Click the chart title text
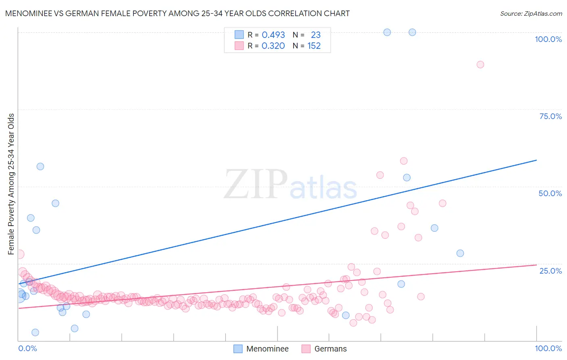point(177,13)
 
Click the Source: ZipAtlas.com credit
point(531,13)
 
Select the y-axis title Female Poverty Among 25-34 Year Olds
point(11,184)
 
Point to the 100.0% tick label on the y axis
point(548,39)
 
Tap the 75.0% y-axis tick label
point(550,116)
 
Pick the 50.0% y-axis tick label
point(550,193)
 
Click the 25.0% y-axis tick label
point(550,271)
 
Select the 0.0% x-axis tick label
point(27,348)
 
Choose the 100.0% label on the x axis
point(548,348)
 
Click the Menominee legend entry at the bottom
point(261,349)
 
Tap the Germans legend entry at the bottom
point(324,349)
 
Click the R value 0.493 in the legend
point(273,35)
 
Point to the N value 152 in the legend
point(314,46)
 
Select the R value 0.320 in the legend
point(273,46)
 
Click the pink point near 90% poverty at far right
point(480,65)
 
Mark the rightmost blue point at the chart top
point(412,32)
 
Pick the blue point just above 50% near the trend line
point(406,178)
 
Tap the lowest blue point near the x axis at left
point(35,333)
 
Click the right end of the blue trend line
point(536,160)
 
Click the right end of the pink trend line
point(536,265)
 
